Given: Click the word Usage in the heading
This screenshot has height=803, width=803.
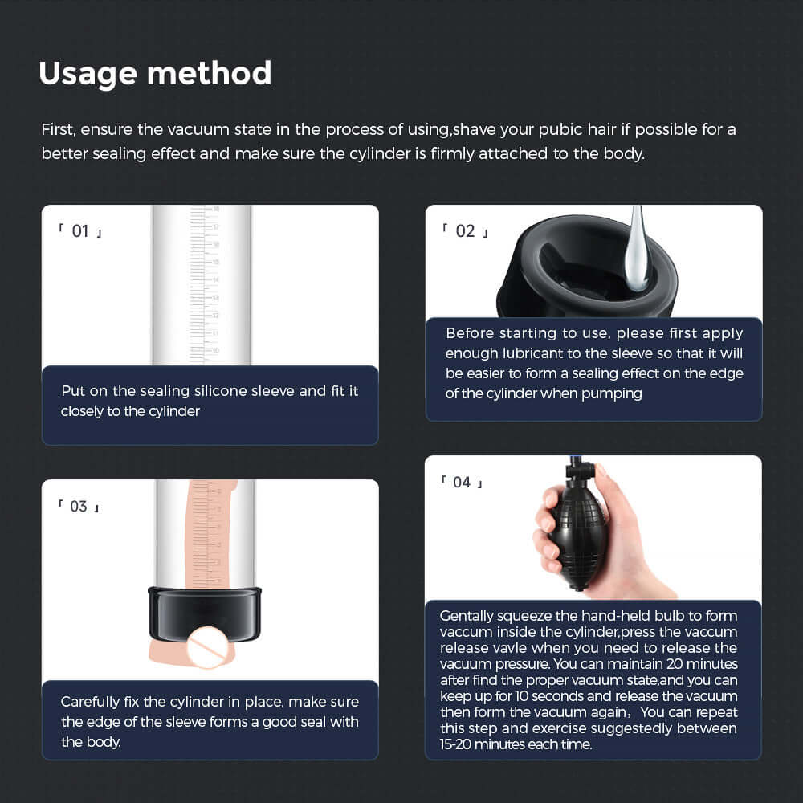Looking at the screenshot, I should [x=88, y=74].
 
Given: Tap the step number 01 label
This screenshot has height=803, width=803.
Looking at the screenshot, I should [x=80, y=231].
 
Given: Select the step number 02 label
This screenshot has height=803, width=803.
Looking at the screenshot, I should [x=465, y=231].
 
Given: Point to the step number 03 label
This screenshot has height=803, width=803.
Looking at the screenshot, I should [x=79, y=507].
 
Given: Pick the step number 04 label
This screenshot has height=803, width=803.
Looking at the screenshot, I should [x=462, y=483].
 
